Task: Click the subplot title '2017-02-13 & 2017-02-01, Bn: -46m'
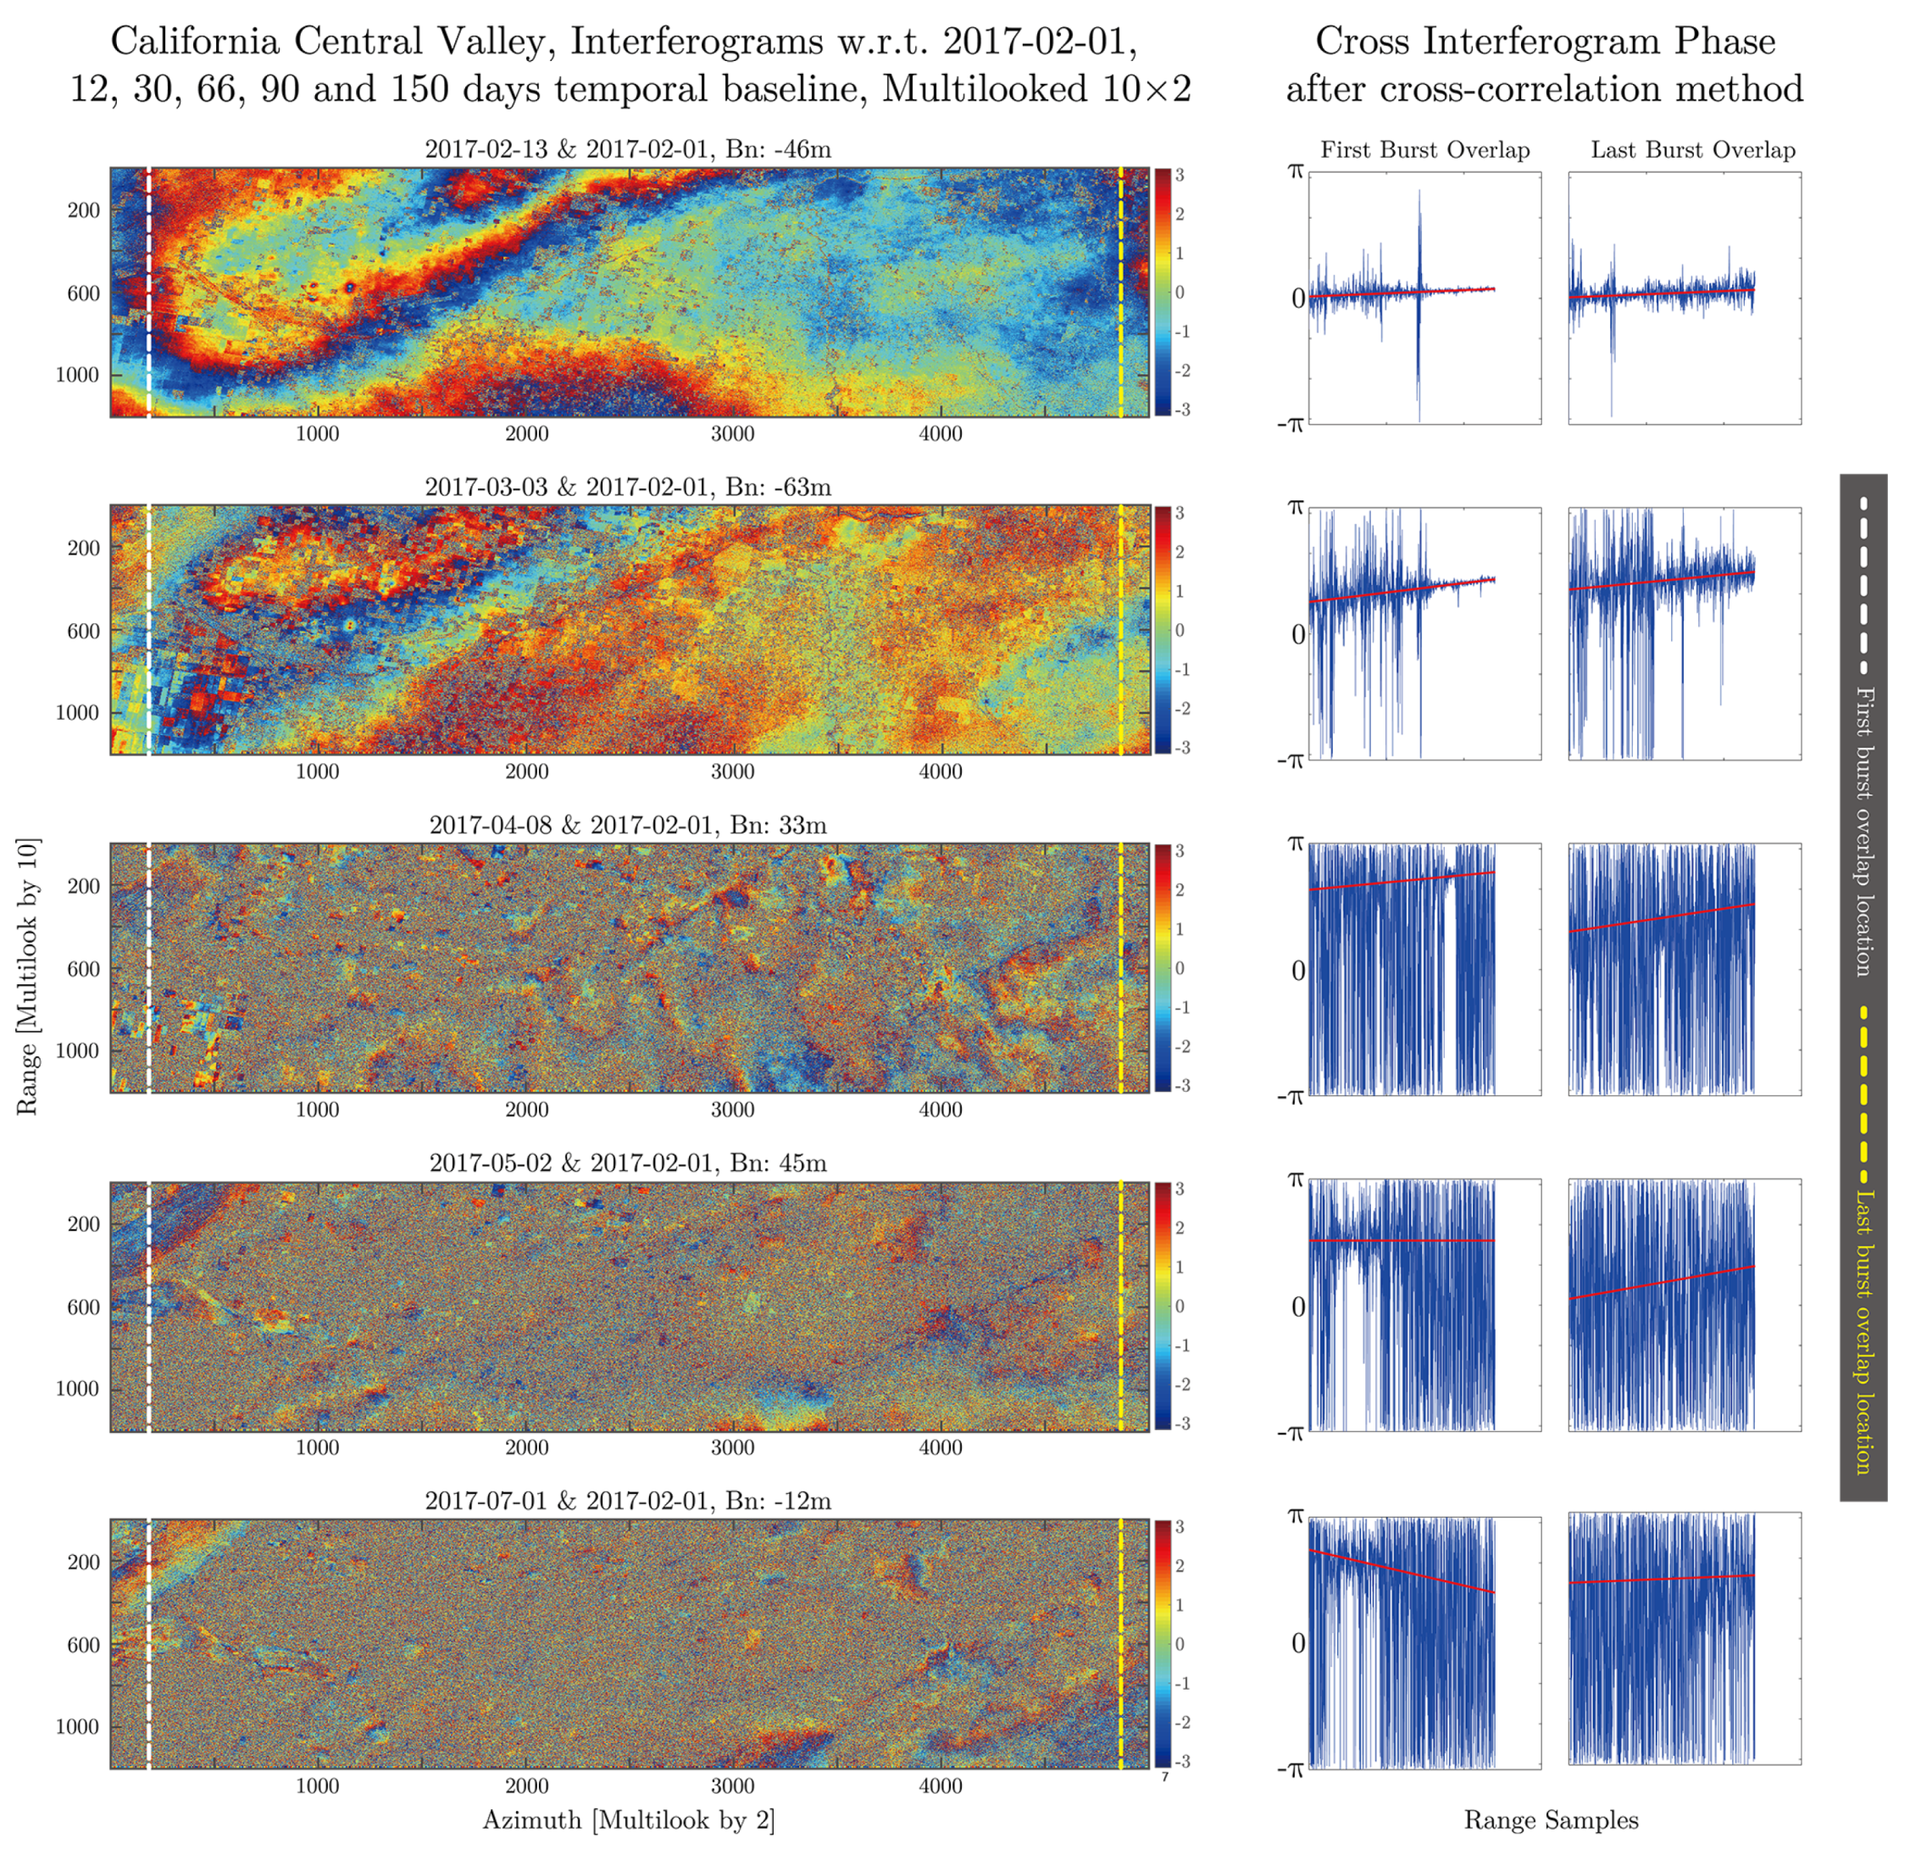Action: [x=628, y=149]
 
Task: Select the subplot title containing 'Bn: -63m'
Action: [x=628, y=487]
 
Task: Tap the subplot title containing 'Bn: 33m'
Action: [x=628, y=825]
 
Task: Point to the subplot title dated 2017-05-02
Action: [x=628, y=1163]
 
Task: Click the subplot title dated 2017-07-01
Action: [x=628, y=1500]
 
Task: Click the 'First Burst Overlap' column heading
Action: [x=1424, y=150]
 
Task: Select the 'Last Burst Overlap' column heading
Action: [x=1693, y=150]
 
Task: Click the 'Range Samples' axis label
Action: [x=1551, y=1820]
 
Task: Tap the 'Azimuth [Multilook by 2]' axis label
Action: [x=629, y=1820]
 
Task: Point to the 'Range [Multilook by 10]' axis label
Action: [x=27, y=975]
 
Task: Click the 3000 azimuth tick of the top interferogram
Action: [x=732, y=434]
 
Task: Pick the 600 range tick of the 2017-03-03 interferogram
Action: [x=84, y=631]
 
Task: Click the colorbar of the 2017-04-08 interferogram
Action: [x=1163, y=968]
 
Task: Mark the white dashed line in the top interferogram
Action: [x=149, y=292]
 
